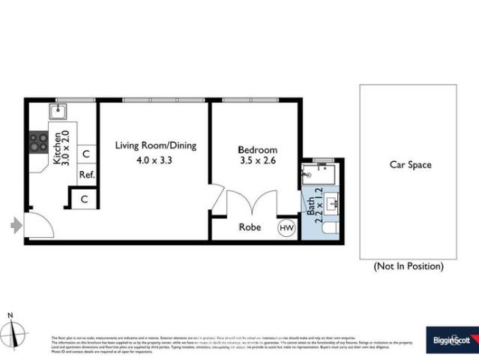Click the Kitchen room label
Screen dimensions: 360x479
tap(55, 148)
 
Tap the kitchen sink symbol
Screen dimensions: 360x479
tap(58, 112)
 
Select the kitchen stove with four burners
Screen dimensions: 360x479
tap(37, 142)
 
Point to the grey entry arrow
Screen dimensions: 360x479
tap(16, 223)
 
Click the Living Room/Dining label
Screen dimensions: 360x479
tap(155, 145)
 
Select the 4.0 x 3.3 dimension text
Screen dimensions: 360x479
tap(155, 160)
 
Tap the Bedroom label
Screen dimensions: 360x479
tap(258, 149)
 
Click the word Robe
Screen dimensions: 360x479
tap(250, 227)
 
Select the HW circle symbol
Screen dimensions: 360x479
tap(286, 227)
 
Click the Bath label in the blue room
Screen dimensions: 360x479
tap(310, 204)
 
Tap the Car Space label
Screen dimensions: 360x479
tap(410, 165)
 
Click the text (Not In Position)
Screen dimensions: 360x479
tap(409, 266)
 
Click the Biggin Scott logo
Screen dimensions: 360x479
tap(450, 340)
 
